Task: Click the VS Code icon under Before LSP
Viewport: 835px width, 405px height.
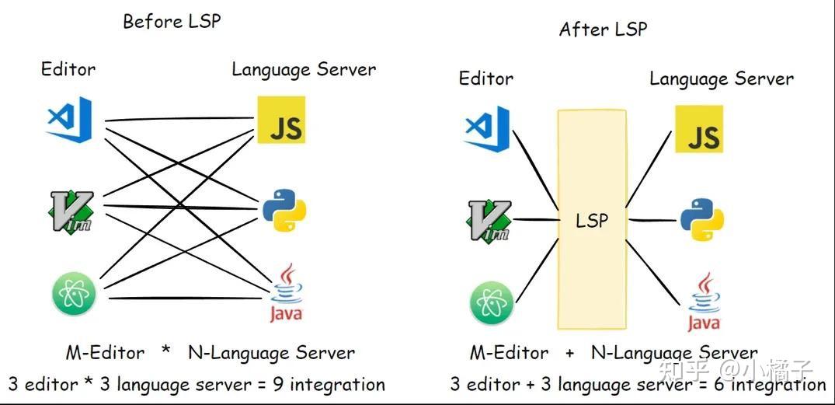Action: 70,119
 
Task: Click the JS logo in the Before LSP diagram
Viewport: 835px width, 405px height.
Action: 280,120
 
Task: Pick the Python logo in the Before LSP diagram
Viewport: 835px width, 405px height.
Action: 284,211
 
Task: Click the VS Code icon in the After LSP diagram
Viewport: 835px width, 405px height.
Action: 487,128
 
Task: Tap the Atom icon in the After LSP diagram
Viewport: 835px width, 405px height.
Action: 492,303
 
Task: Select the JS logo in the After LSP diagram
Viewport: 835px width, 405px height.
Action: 698,130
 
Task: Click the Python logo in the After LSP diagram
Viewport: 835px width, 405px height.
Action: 702,221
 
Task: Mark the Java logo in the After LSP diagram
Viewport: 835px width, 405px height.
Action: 704,302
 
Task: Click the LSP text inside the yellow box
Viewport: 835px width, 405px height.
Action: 592,221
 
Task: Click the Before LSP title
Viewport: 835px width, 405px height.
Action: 172,21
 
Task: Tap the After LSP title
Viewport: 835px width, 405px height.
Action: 603,30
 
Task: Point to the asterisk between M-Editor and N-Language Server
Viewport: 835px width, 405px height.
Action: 165,352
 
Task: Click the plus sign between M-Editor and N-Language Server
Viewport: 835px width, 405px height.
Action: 570,354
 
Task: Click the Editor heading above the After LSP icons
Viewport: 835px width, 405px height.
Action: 486,79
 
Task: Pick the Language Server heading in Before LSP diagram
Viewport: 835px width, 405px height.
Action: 304,69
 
